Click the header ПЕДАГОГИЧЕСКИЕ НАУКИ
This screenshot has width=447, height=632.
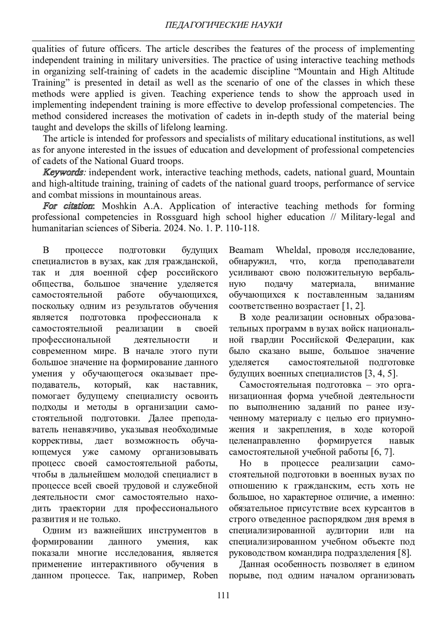click(x=223, y=25)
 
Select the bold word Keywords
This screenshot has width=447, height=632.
click(x=63, y=172)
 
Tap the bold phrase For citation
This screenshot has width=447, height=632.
click(x=69, y=206)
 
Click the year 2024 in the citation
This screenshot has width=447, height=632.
click(x=170, y=228)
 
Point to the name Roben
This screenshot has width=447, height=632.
click(x=205, y=575)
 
